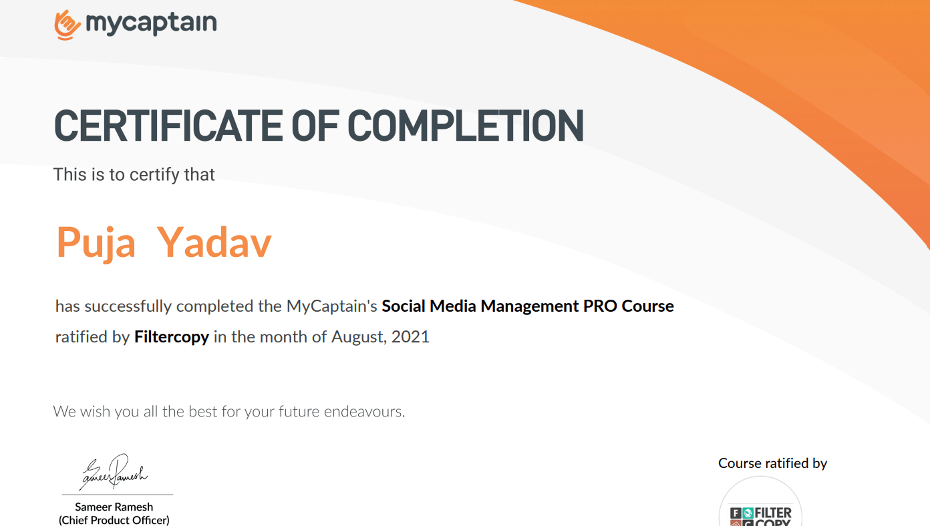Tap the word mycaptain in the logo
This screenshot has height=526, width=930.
click(x=151, y=23)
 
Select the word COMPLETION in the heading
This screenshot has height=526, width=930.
click(x=466, y=125)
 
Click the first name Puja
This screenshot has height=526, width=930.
click(x=96, y=243)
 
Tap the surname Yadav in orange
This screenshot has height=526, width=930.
click(x=214, y=242)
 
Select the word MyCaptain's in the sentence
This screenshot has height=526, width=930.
click(x=331, y=306)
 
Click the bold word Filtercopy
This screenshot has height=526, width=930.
click(x=172, y=337)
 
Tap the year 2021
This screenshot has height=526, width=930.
click(x=410, y=337)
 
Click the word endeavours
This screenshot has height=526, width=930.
click(x=364, y=411)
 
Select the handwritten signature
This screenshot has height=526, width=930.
click(x=114, y=472)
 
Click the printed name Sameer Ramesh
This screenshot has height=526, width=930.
click(x=114, y=507)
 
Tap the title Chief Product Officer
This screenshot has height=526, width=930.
click(x=114, y=520)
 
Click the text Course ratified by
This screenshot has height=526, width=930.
click(x=772, y=463)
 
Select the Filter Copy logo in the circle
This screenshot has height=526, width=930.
click(x=760, y=515)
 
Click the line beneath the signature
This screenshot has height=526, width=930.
click(x=118, y=495)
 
